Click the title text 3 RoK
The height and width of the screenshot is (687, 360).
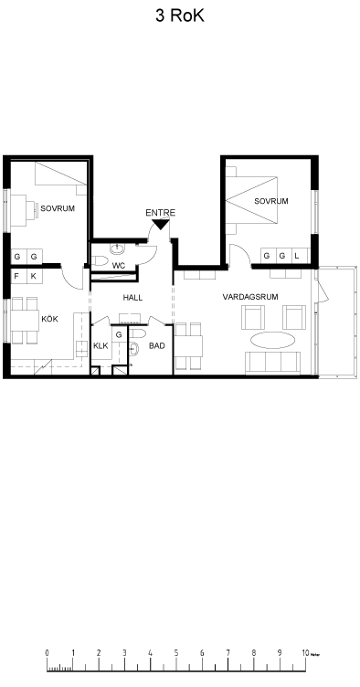pos(180,16)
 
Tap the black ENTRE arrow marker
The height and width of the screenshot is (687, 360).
pos(160,225)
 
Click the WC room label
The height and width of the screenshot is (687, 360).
pos(119,266)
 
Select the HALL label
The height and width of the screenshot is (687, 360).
pos(132,298)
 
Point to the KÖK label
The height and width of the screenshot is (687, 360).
pos(49,319)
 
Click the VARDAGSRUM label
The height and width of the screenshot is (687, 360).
pos(250,297)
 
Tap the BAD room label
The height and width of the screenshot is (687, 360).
pos(157,345)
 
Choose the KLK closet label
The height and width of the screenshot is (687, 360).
pos(101,345)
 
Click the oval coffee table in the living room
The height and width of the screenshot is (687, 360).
pos(272,340)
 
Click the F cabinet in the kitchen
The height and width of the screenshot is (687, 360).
pos(17,277)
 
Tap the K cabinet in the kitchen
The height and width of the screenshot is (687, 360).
pos(34,277)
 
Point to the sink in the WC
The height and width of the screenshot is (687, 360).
pos(117,249)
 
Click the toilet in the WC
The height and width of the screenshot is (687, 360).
pos(100,261)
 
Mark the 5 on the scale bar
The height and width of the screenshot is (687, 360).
pos(176,653)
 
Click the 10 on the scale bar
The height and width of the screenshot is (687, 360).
pos(305,653)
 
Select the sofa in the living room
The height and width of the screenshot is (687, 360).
pos(272,363)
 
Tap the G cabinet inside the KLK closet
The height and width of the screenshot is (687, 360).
pos(119,335)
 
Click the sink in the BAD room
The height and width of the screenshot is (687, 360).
pos(134,349)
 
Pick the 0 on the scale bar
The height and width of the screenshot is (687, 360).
pos(47,653)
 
